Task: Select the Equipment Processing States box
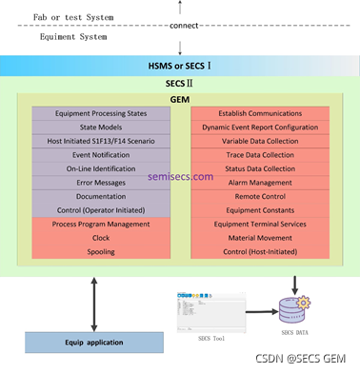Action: [x=101, y=113]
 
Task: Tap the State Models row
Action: [x=101, y=127]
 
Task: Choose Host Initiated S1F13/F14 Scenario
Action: [x=101, y=141]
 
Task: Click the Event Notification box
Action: [x=101, y=154]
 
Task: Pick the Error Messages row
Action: [x=101, y=182]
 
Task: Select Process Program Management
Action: [x=101, y=224]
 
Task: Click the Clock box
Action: [x=101, y=238]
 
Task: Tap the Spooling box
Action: [x=101, y=251]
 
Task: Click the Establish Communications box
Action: [x=259, y=113]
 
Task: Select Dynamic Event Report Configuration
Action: [x=259, y=127]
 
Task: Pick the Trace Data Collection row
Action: [x=259, y=154]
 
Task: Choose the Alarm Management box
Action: [x=259, y=182]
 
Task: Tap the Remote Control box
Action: [x=259, y=196]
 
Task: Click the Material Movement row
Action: [x=259, y=238]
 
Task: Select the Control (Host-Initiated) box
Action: [x=259, y=251]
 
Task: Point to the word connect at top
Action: [x=184, y=25]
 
